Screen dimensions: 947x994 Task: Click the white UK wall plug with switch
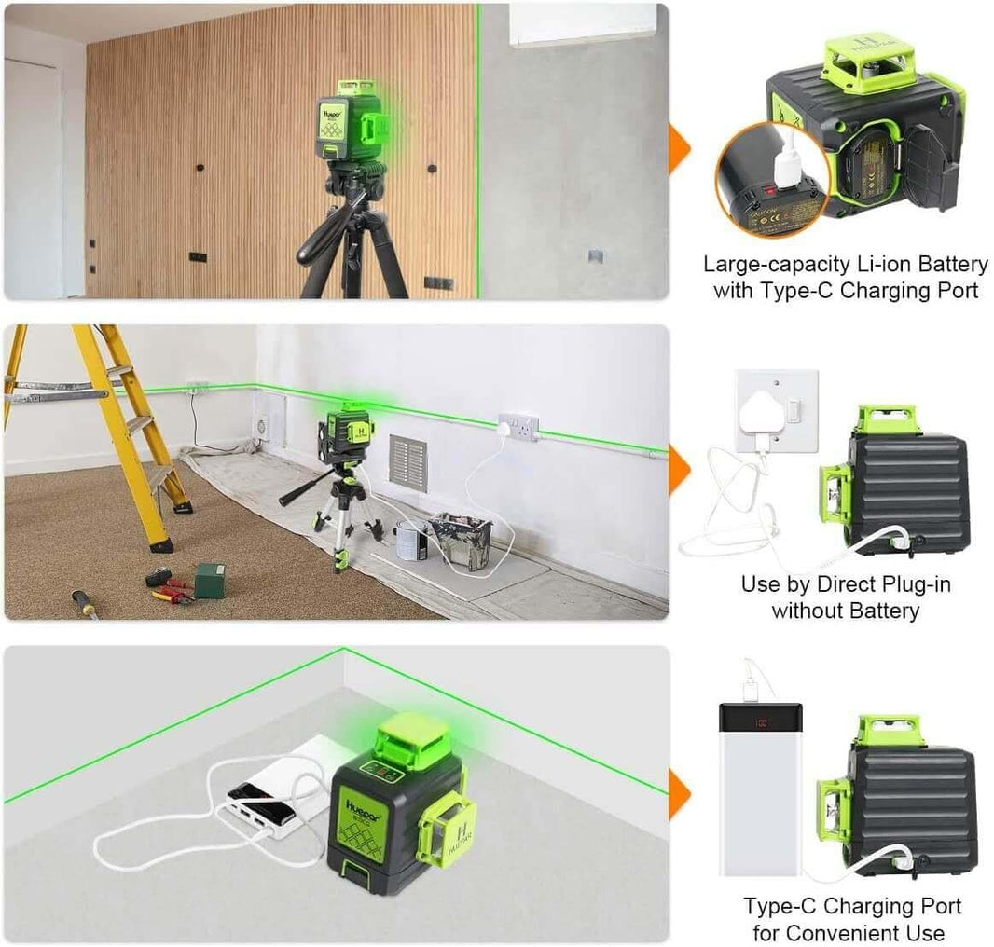point(776,411)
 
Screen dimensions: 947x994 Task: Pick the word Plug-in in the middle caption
point(888,584)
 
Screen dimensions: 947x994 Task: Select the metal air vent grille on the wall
point(407,461)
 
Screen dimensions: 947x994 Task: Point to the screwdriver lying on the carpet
point(86,604)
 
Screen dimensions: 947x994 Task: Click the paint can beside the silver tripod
point(411,540)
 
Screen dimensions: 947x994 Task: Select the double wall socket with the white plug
point(518,428)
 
